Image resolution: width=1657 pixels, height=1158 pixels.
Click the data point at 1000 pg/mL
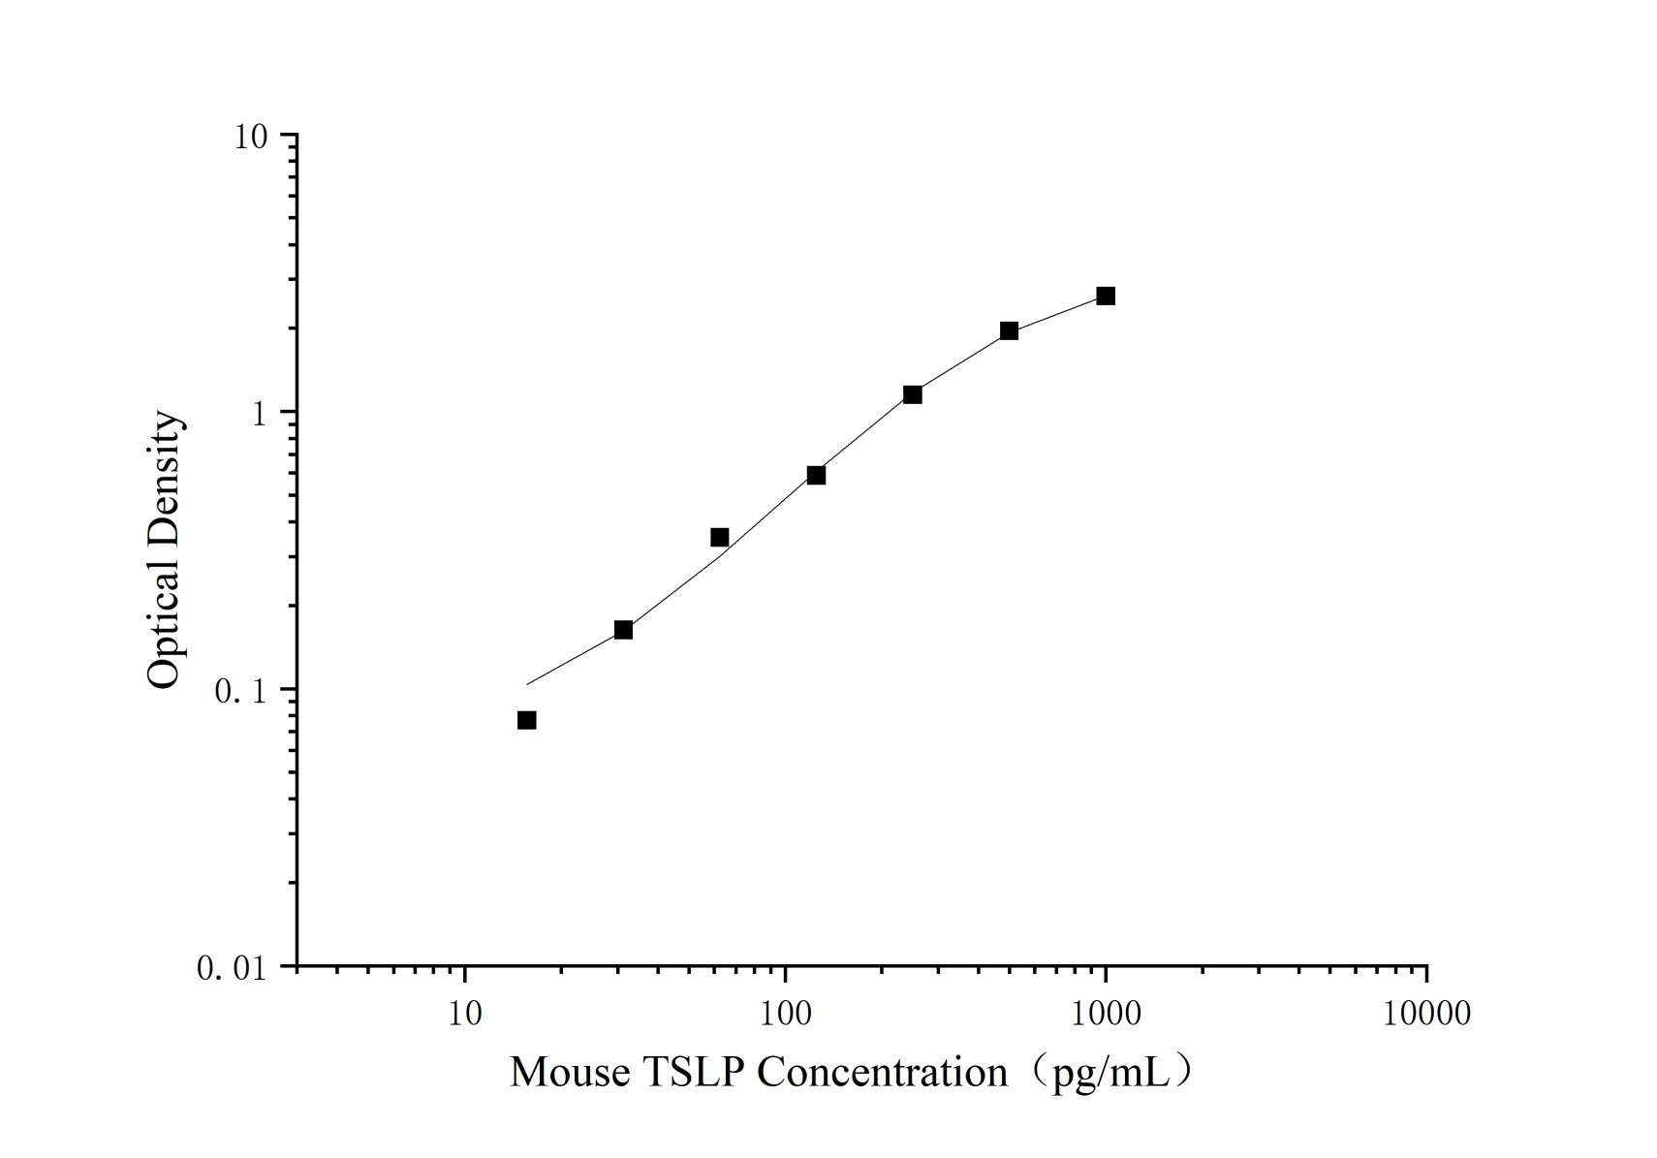click(1106, 296)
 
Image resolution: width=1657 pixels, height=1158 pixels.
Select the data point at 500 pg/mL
click(1009, 330)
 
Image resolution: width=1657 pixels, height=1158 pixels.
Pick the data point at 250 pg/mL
click(913, 394)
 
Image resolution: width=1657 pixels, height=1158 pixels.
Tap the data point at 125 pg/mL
click(816, 475)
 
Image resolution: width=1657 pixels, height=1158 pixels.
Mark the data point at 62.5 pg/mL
click(719, 538)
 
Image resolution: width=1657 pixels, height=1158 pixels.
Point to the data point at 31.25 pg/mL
click(623, 630)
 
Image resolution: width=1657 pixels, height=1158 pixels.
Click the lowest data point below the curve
click(526, 720)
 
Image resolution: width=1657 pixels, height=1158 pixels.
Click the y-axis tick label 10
click(250, 137)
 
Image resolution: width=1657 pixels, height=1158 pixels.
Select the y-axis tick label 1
click(259, 414)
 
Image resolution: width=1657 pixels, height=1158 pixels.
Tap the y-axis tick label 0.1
click(239, 691)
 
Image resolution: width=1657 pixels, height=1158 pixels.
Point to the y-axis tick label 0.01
click(232, 968)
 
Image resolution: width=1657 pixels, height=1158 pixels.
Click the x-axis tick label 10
click(465, 1014)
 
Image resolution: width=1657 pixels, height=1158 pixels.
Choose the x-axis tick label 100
click(785, 1014)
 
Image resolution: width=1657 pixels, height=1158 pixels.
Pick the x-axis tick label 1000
click(1106, 1014)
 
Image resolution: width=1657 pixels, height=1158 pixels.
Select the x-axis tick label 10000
click(1426, 1014)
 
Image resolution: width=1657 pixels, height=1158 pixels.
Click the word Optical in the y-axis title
click(164, 625)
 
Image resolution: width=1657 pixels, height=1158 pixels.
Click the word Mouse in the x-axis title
click(569, 1073)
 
